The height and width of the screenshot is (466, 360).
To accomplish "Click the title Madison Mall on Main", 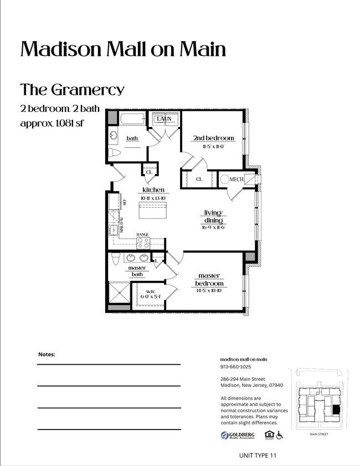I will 123,49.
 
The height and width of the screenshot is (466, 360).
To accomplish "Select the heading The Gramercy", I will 72,89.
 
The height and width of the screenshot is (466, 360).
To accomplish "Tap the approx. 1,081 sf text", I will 52,123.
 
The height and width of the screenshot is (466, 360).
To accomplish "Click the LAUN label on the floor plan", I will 164,119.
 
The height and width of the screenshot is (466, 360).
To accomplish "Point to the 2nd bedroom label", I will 213,138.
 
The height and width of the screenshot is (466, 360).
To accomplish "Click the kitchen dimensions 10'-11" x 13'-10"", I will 153,197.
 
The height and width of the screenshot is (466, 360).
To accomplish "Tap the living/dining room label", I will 213,216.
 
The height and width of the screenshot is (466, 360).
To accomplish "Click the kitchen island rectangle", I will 153,211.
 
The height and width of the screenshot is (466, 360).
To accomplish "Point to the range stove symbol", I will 143,242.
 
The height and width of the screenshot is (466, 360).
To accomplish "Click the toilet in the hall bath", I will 114,153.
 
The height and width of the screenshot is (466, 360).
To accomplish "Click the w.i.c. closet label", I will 151,291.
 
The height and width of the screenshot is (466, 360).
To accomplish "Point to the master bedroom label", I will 209,279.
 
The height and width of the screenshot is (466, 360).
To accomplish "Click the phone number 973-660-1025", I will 235,367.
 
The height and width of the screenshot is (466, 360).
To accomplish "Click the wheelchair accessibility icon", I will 280,436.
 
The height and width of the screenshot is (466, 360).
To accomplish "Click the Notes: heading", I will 47,354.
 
